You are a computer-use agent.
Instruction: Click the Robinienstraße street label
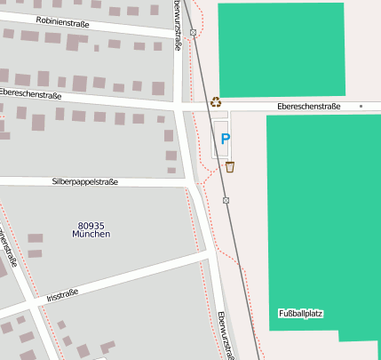pyautogui.click(x=62, y=20)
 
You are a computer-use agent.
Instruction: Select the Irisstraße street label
pyautogui.click(x=62, y=294)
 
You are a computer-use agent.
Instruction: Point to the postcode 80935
pyautogui.click(x=92, y=226)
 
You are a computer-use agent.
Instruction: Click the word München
pyautogui.click(x=92, y=235)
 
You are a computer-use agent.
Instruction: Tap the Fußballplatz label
pyautogui.click(x=300, y=314)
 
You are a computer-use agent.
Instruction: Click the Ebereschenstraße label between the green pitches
pyautogui.click(x=308, y=106)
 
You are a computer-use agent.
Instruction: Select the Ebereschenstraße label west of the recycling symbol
pyautogui.click(x=30, y=93)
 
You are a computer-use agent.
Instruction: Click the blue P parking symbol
pyautogui.click(x=225, y=139)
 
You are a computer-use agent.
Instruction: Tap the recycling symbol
pyautogui.click(x=216, y=102)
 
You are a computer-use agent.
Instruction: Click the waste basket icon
pyautogui.click(x=230, y=166)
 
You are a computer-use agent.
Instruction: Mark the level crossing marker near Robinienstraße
pyautogui.click(x=194, y=33)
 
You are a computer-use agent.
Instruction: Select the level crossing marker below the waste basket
pyautogui.click(x=226, y=200)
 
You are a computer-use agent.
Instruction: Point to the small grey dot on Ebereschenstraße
pyautogui.click(x=361, y=107)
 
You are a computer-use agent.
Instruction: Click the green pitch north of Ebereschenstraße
pyautogui.click(x=281, y=49)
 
